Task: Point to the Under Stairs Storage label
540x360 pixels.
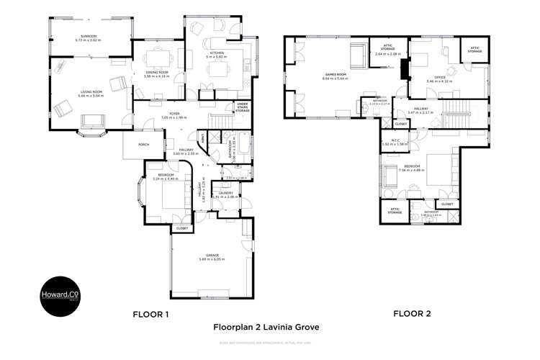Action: (243, 108)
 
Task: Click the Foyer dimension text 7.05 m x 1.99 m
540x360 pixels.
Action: (174, 117)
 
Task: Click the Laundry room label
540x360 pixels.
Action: (225, 193)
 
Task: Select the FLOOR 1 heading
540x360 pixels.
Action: (150, 314)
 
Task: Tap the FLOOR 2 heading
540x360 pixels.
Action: (411, 314)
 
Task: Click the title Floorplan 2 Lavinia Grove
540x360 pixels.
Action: (266, 327)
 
